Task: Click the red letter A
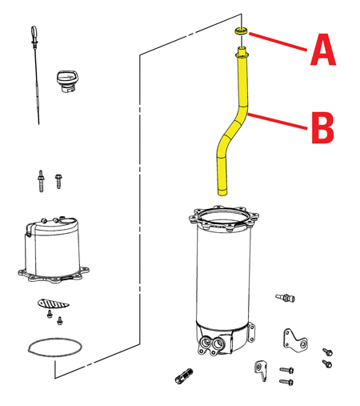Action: (x=323, y=50)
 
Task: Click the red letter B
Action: (x=322, y=127)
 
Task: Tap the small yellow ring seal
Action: (x=241, y=30)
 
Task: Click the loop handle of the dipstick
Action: (x=34, y=32)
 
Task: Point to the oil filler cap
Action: (x=67, y=81)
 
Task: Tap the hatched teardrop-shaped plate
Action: (x=54, y=303)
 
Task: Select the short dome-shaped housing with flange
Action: (x=54, y=250)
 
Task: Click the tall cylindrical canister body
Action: (x=223, y=278)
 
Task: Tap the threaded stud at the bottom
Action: (x=184, y=376)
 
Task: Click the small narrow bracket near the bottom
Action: (x=261, y=371)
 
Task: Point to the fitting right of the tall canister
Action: (x=285, y=297)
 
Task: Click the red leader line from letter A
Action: (x=278, y=42)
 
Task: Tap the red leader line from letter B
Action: (x=278, y=122)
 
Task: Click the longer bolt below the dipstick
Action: (x=41, y=181)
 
